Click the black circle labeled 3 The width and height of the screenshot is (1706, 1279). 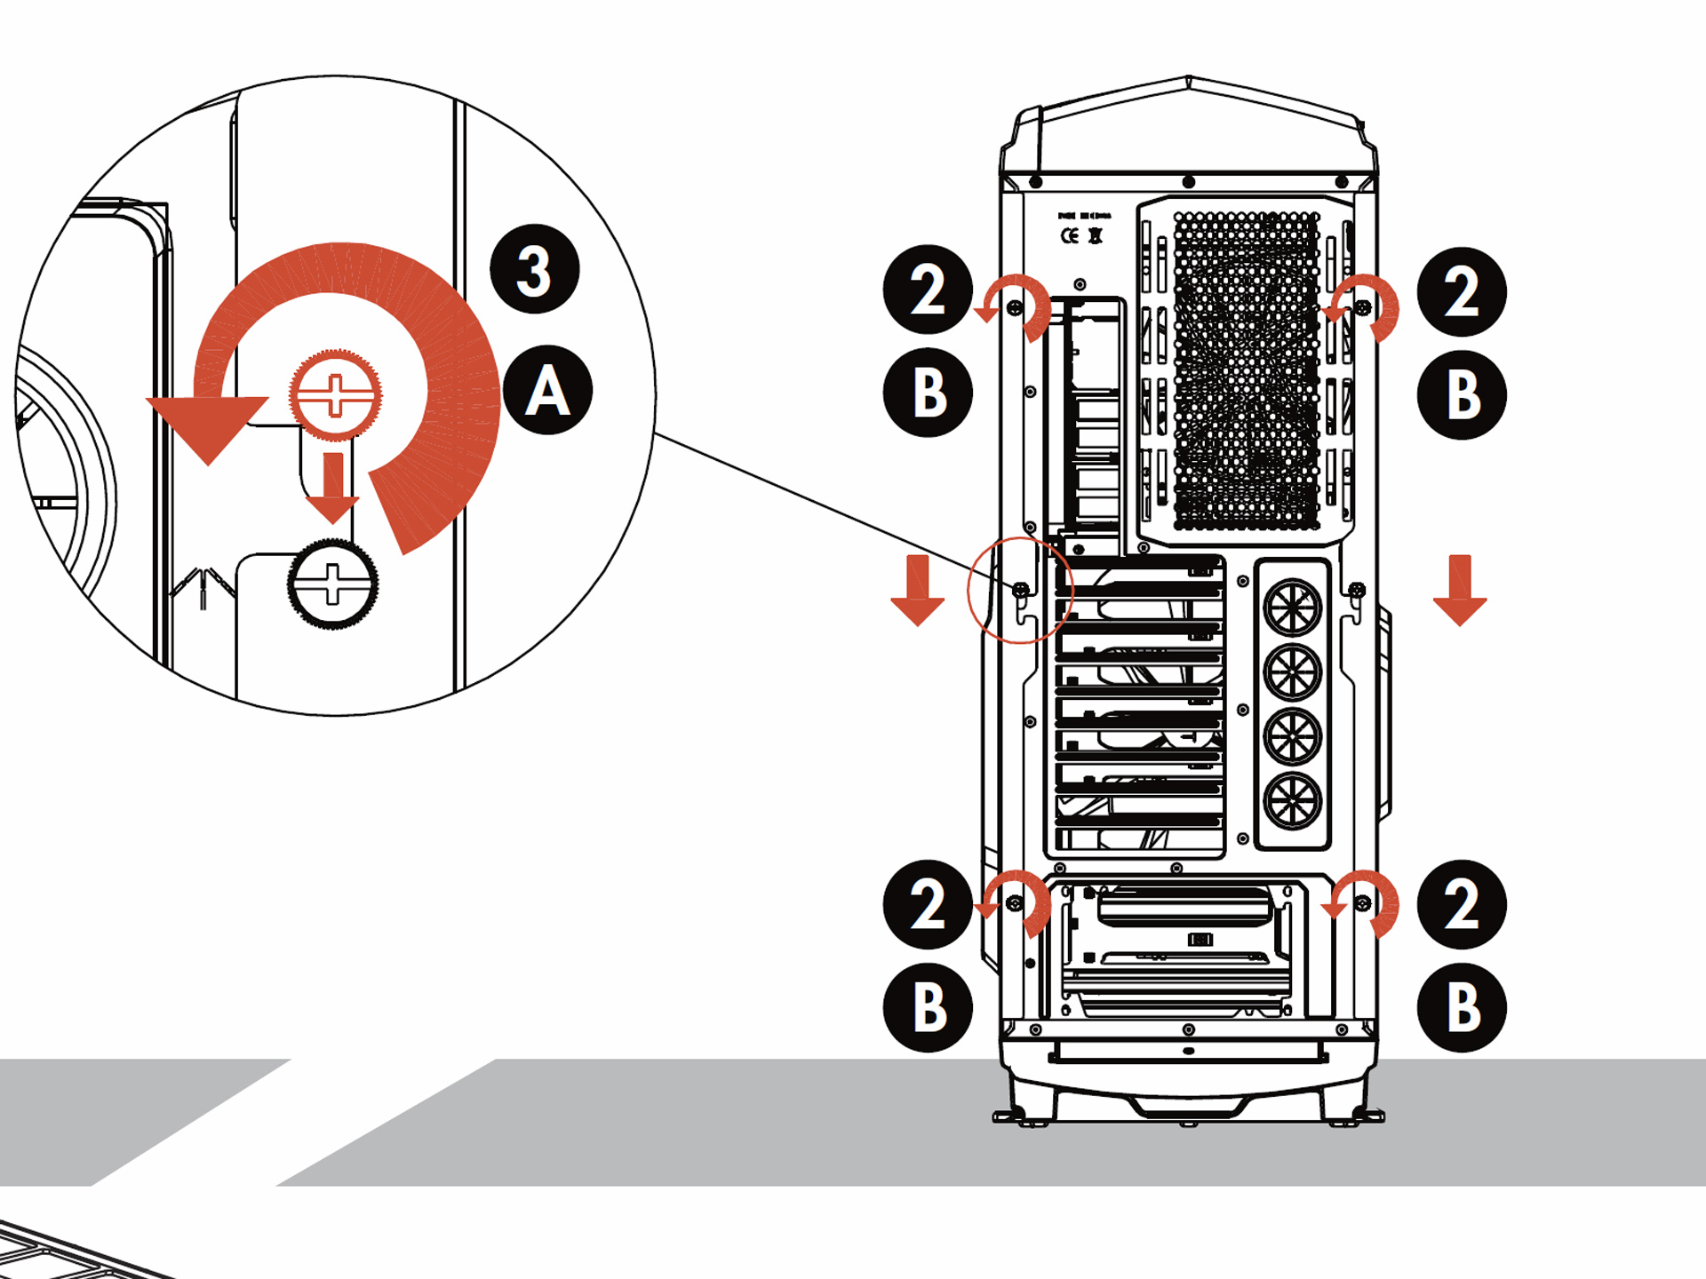coord(534,269)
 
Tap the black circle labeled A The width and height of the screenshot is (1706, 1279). coord(547,390)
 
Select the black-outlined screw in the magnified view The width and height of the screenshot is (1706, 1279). coord(332,584)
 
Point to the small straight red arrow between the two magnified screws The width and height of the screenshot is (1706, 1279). coord(333,488)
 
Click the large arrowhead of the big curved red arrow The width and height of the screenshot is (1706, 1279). coord(208,426)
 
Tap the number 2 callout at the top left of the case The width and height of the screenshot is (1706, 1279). coord(928,290)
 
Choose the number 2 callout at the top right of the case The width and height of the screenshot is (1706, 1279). coord(1461,291)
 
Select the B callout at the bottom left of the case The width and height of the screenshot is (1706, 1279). coord(928,1008)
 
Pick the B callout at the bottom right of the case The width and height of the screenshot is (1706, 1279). coord(1461,1008)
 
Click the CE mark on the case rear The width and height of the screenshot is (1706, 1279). coord(1070,235)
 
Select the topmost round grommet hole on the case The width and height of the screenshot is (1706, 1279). coord(1293,607)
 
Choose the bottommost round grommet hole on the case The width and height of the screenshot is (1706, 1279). coord(1293,801)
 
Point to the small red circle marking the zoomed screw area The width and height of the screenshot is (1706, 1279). coord(1020,590)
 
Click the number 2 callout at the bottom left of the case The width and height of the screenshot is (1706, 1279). coord(928,905)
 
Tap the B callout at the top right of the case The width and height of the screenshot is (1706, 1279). coord(1461,394)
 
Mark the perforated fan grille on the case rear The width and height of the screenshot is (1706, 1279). coord(1246,369)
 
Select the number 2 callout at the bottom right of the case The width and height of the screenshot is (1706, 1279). coord(1461,905)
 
